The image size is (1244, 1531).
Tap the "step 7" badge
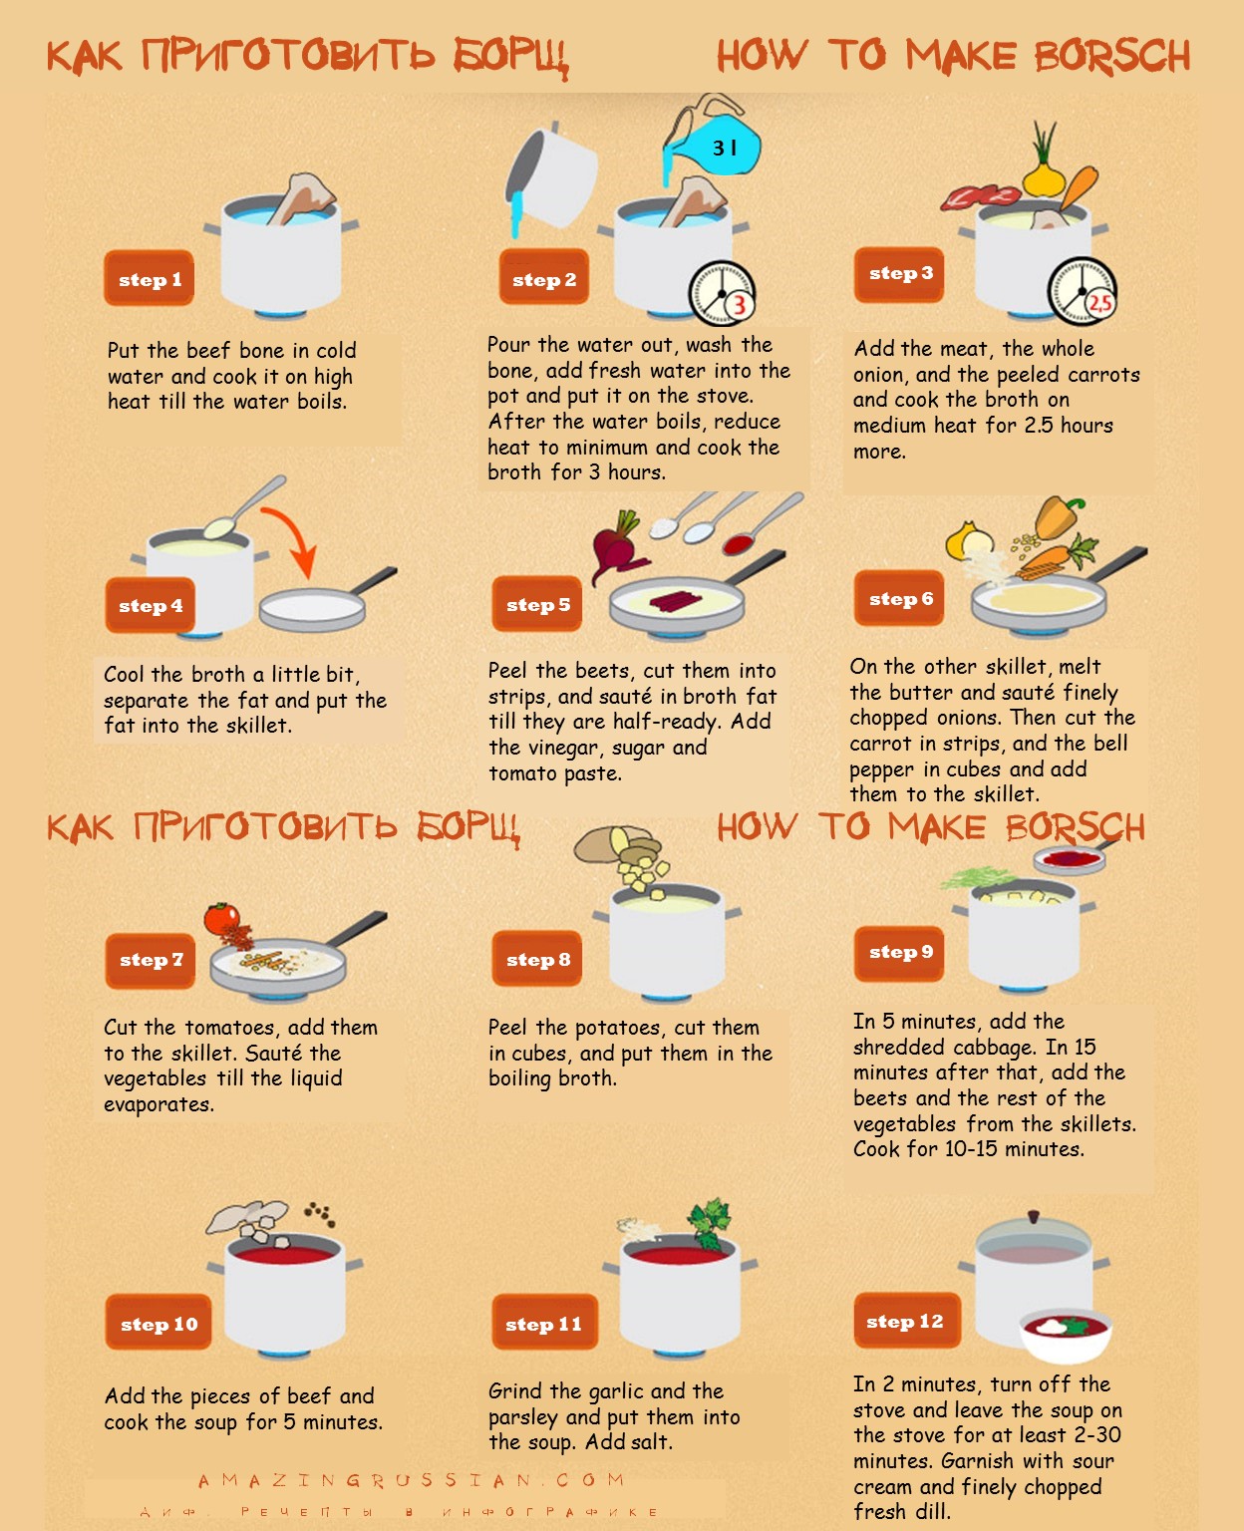(x=151, y=960)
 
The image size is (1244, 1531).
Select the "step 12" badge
(x=907, y=1321)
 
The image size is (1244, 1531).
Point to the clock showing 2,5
(x=1082, y=291)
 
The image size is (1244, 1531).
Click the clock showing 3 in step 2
(x=723, y=293)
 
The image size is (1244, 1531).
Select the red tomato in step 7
(x=223, y=919)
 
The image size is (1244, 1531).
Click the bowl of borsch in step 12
(x=1066, y=1335)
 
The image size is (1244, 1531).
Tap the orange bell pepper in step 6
(x=1058, y=516)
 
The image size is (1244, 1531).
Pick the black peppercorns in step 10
(x=320, y=1213)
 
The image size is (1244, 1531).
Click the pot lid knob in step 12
(x=1034, y=1215)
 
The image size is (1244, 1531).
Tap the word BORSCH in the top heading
(x=1112, y=56)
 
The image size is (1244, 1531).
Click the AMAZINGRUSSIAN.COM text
(x=411, y=1480)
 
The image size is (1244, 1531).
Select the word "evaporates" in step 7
(x=158, y=1104)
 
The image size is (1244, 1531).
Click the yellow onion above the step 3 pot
(x=1044, y=176)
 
